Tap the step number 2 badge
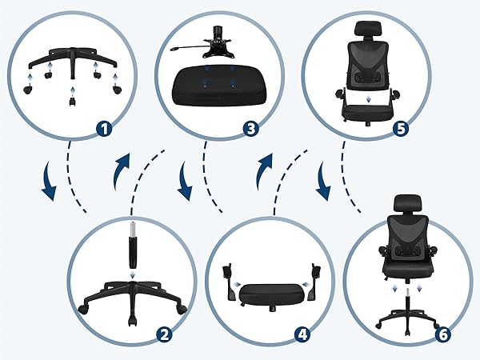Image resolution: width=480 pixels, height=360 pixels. pyautogui.click(x=165, y=335)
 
